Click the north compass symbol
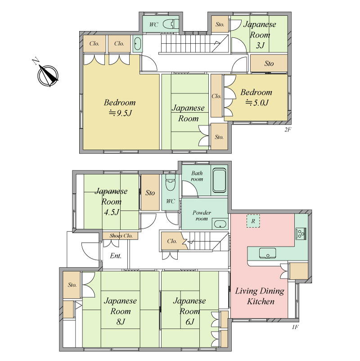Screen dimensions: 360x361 coord(48,75)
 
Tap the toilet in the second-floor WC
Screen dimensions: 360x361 coord(171,24)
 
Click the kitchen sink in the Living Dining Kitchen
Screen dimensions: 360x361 coord(267,253)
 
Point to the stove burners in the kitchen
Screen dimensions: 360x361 coord(301,234)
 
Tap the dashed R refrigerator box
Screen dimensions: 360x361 coord(253,221)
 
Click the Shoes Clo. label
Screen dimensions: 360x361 coord(121,236)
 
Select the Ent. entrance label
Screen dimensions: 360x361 coord(116,256)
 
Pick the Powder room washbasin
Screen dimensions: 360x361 coord(220,224)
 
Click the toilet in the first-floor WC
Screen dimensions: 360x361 coord(171,183)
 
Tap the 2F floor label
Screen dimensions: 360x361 coord(288,130)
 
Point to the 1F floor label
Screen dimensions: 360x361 coord(295,327)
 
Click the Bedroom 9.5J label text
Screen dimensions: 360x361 coord(120,108)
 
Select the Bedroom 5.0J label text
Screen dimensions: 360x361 coord(256,97)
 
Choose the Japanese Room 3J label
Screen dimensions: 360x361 coord(260,35)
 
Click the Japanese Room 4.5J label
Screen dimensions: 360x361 coord(111,202)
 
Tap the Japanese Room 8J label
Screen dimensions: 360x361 coord(121,311)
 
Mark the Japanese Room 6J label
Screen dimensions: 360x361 coord(189,311)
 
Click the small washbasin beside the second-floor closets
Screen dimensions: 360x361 coord(137,44)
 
